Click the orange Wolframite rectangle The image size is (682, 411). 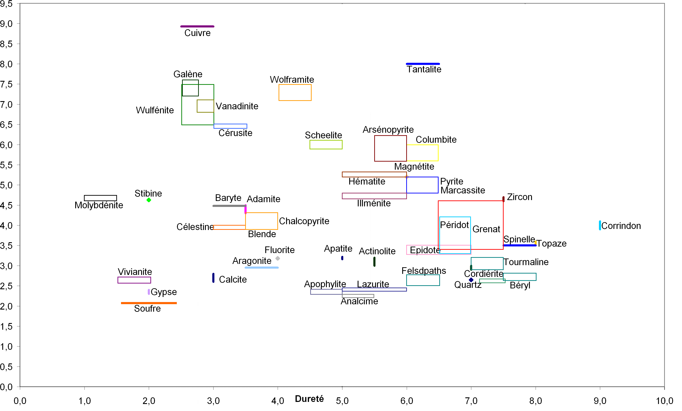point(295,93)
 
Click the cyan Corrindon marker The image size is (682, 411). point(600,225)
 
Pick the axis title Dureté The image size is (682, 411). point(309,399)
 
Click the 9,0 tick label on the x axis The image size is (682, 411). point(600,401)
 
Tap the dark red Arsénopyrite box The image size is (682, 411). point(390,148)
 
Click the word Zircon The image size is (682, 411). point(520,197)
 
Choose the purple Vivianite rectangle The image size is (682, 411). point(134,280)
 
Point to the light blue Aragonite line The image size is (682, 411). point(262,268)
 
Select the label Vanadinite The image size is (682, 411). point(237,106)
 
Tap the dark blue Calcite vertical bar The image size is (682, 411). point(213,278)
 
